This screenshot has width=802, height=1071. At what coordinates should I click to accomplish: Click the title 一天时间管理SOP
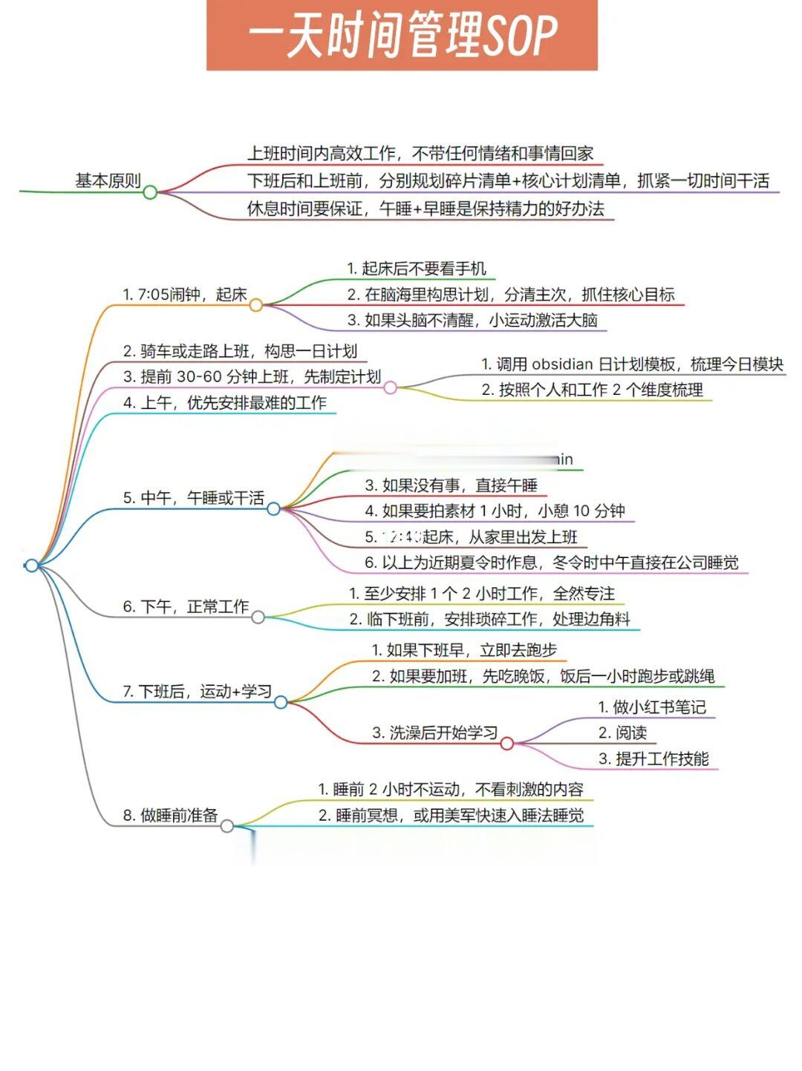[402, 36]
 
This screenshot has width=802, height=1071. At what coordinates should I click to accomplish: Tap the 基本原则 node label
[108, 180]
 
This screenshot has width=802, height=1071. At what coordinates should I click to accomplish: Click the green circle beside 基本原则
[150, 192]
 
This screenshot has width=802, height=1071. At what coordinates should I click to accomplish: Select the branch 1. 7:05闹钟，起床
[184, 295]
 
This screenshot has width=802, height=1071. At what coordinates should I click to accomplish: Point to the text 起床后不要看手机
[423, 269]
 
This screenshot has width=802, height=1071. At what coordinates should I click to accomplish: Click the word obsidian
[563, 364]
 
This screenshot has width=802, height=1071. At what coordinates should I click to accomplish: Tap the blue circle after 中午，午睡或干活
[273, 508]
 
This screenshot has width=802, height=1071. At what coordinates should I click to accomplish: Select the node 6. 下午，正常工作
[186, 607]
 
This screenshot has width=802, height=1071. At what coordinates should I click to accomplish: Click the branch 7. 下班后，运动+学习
[197, 692]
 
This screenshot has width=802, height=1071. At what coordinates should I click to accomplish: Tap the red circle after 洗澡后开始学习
[507, 743]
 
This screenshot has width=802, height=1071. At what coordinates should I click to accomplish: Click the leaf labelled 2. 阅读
[622, 733]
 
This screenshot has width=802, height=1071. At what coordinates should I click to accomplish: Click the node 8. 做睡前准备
[170, 816]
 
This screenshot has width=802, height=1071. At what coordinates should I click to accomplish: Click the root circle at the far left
[31, 566]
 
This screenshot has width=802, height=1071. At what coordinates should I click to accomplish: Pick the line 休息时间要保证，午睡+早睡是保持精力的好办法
[426, 209]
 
